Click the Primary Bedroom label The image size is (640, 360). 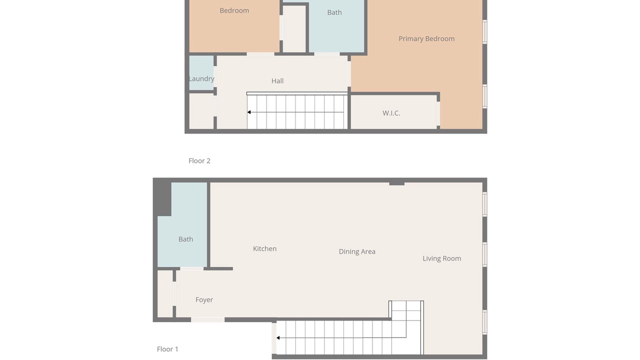pyautogui.click(x=426, y=39)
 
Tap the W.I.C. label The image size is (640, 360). pyautogui.click(x=391, y=113)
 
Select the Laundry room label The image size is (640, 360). pyautogui.click(x=201, y=79)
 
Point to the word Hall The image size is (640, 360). pyautogui.click(x=277, y=81)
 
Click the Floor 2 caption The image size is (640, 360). pyautogui.click(x=199, y=161)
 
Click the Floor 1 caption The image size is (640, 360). pyautogui.click(x=167, y=349)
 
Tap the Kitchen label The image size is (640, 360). pyautogui.click(x=264, y=248)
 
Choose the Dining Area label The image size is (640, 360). pyautogui.click(x=357, y=251)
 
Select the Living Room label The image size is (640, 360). pyautogui.click(x=441, y=258)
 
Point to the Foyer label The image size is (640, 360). pyautogui.click(x=204, y=299)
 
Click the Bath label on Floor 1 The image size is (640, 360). pyautogui.click(x=185, y=239)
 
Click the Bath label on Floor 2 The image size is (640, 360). pyautogui.click(x=334, y=12)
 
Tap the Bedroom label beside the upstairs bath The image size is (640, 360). pyautogui.click(x=234, y=10)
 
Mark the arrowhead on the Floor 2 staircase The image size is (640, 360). pyautogui.click(x=249, y=112)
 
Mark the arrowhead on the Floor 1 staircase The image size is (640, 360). pyautogui.click(x=278, y=338)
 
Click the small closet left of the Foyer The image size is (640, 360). pyautogui.click(x=165, y=294)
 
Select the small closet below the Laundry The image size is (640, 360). pyautogui.click(x=201, y=111)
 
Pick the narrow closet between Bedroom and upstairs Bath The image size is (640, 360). pyautogui.click(x=294, y=28)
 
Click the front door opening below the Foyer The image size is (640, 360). pyautogui.click(x=207, y=319)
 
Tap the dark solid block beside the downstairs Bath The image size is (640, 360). pyautogui.click(x=162, y=197)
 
